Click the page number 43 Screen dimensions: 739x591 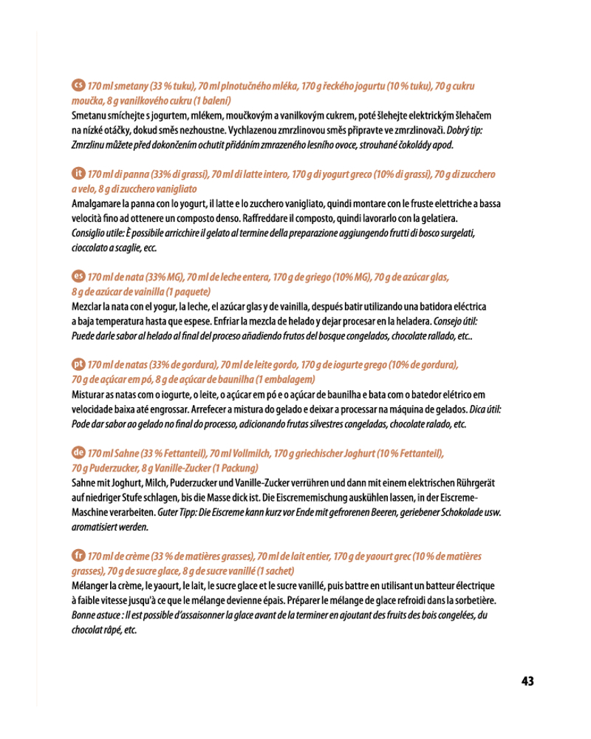[527, 681]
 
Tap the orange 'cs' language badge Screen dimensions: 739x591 [78, 86]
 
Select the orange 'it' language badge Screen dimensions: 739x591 [78, 174]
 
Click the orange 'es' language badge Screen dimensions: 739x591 [78, 276]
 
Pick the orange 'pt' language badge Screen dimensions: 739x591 [78, 364]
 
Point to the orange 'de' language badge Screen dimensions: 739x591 [78, 452]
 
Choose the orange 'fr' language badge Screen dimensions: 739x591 [78, 554]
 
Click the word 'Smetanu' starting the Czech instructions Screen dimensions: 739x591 [88, 116]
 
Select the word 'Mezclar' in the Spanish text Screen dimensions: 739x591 [87, 306]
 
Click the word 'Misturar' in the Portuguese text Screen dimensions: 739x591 [89, 393]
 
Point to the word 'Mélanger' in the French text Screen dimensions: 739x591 [90, 585]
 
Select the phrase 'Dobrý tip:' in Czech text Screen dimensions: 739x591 [465, 130]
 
